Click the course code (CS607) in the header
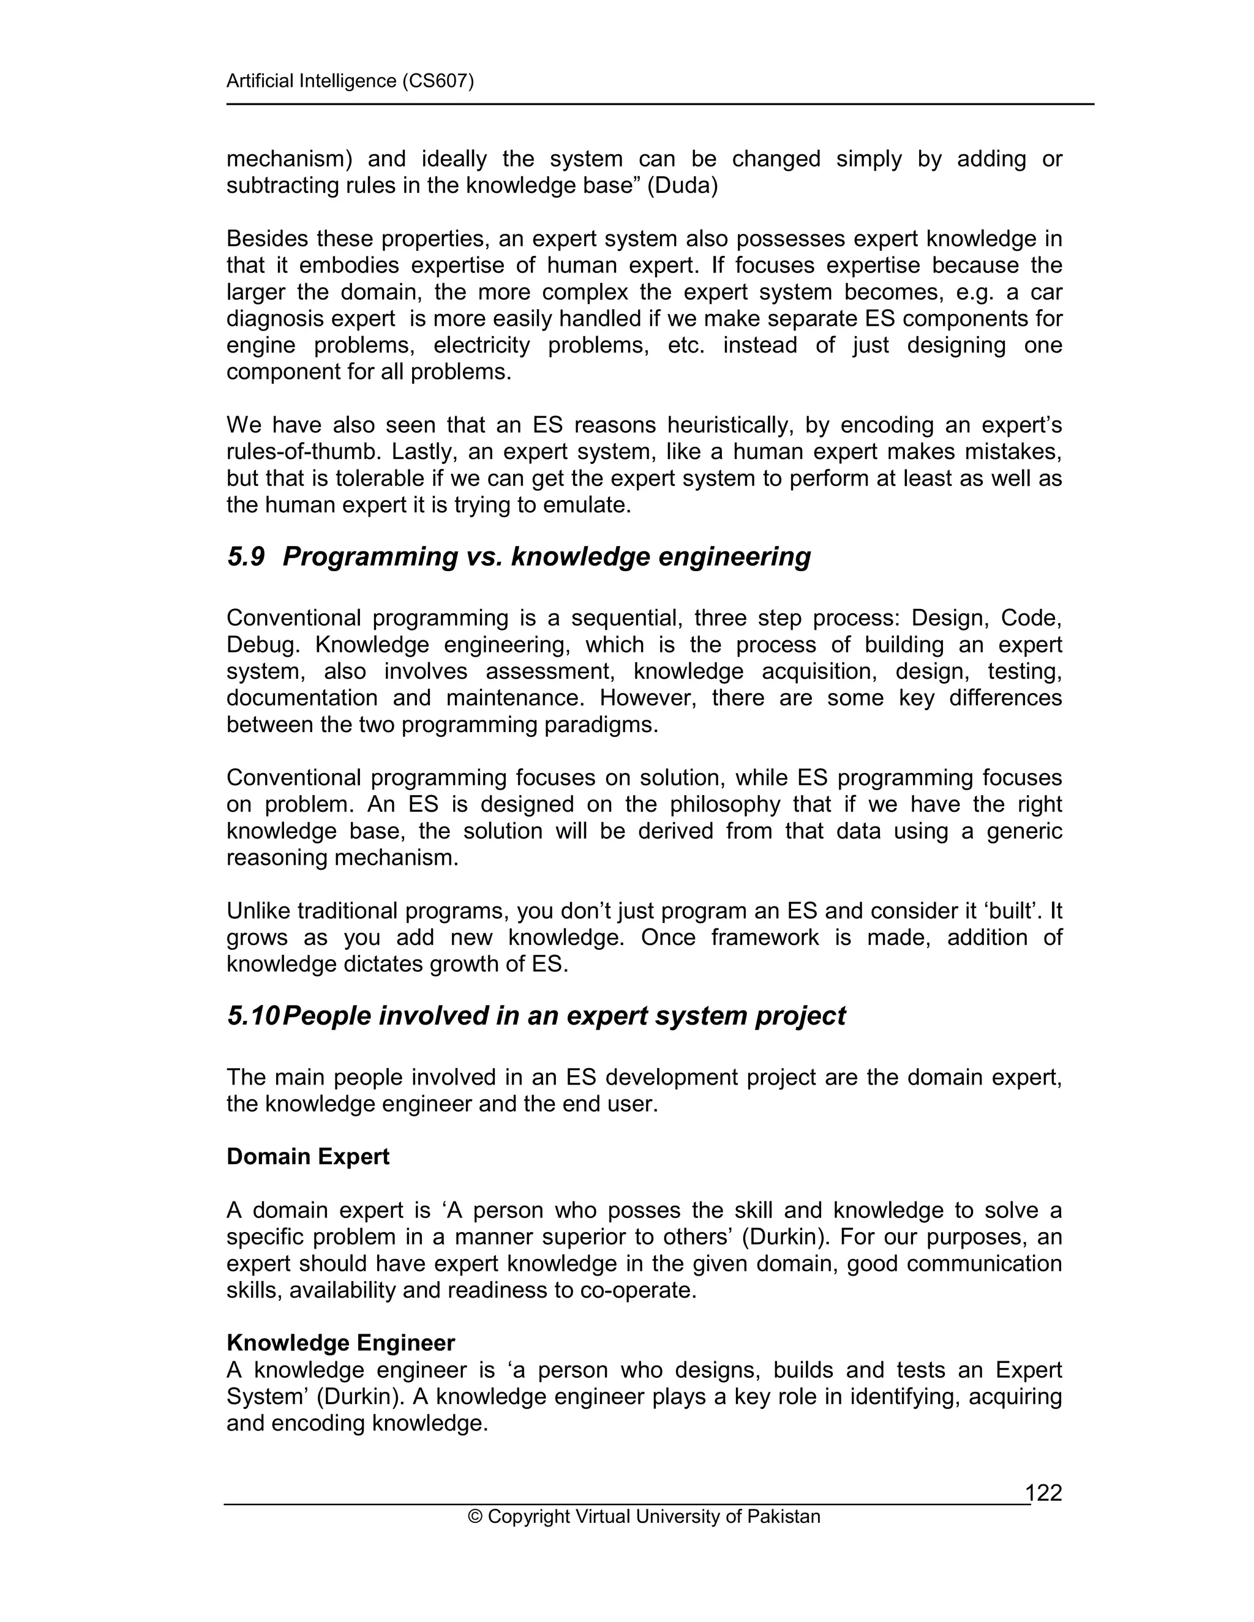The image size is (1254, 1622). (x=438, y=81)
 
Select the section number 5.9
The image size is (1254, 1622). (x=246, y=556)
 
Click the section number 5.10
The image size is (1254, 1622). (x=253, y=1015)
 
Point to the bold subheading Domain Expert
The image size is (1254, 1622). (x=307, y=1156)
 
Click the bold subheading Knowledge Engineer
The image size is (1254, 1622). (x=340, y=1343)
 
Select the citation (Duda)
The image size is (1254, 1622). (x=682, y=185)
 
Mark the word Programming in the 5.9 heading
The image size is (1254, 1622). (x=370, y=556)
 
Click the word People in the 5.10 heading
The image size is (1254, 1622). (x=327, y=1015)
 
